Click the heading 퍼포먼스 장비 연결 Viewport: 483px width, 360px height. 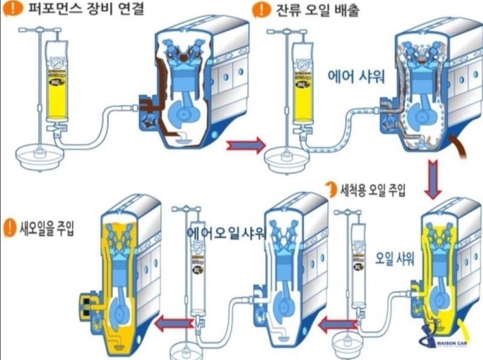pyautogui.click(x=85, y=11)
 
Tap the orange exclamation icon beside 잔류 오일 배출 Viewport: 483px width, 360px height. pyautogui.click(x=261, y=10)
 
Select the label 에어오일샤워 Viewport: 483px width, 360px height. pyautogui.click(x=226, y=233)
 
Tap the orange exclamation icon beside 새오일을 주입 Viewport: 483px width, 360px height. pyautogui.click(x=10, y=227)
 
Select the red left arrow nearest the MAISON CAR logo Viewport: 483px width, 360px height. pyautogui.click(x=336, y=325)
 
